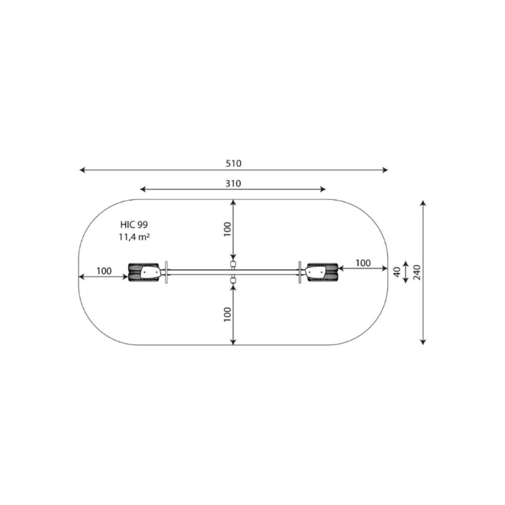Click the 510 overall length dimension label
[x=233, y=164]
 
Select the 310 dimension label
[x=233, y=183]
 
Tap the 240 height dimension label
[x=417, y=273]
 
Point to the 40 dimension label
[x=397, y=272]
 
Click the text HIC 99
[x=134, y=224]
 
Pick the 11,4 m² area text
[x=134, y=237]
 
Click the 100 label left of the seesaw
[x=104, y=271]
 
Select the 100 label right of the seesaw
[x=363, y=263]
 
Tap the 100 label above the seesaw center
[x=227, y=229]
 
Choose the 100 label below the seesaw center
[x=227, y=314]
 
